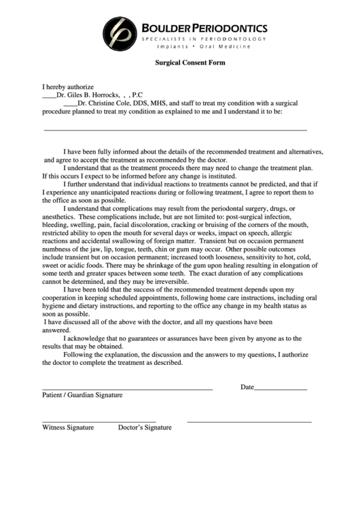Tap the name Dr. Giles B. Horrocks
pyautogui.click(x=88, y=95)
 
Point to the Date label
pyautogui.click(x=247, y=387)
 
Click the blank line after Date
pyautogui.click(x=281, y=389)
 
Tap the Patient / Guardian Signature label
pyautogui.click(x=82, y=395)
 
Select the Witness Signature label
pyautogui.click(x=68, y=427)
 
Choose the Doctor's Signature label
pyautogui.click(x=145, y=427)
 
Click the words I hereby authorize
pyautogui.click(x=67, y=87)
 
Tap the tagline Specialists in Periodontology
pyautogui.click(x=195, y=41)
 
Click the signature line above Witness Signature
pyautogui.click(x=99, y=422)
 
